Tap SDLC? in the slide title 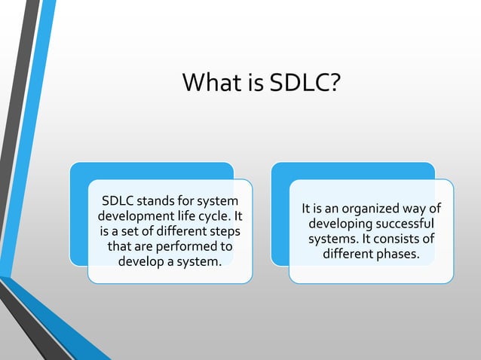coord(305,82)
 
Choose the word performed coord(188,247)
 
